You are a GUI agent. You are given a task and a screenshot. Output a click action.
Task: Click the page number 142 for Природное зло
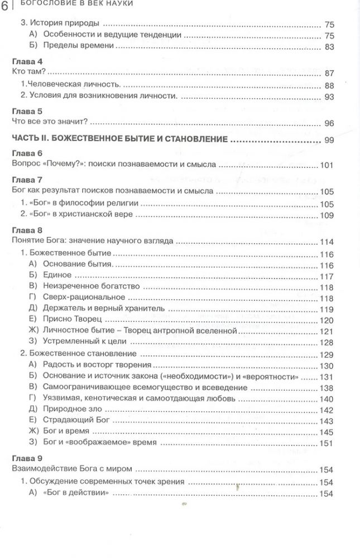coord(325,409)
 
